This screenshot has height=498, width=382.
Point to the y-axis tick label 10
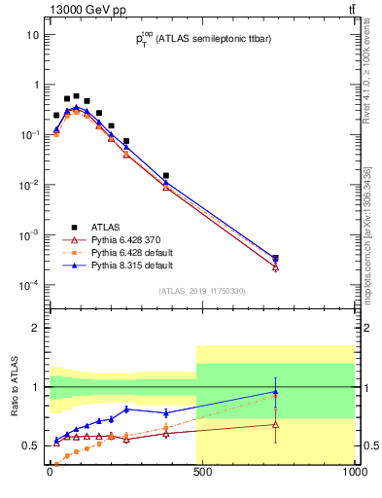pyautogui.click(x=32, y=35)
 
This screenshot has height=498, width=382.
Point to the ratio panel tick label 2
pyautogui.click(x=36, y=329)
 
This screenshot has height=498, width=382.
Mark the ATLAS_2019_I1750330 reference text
pyautogui.click(x=203, y=291)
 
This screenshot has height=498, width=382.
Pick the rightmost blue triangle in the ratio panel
pyautogui.click(x=275, y=392)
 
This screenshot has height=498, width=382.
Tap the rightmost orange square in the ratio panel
pyautogui.click(x=275, y=396)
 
